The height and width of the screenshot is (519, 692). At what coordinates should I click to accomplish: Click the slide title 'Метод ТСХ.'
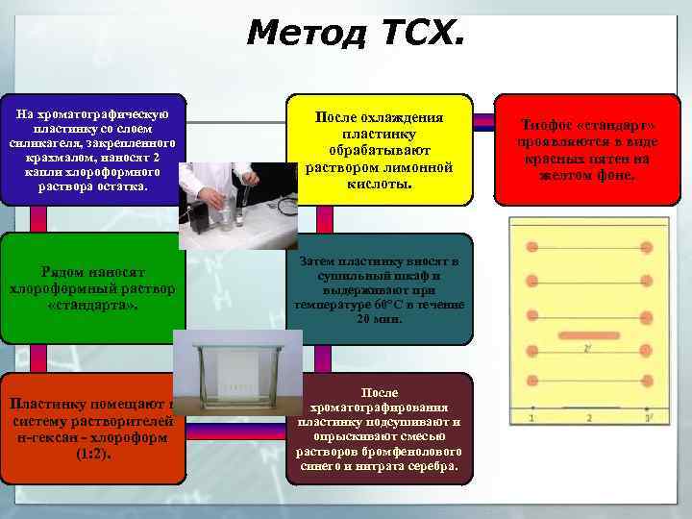coord(354,34)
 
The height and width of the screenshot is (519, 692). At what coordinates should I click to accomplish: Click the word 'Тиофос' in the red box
coord(545,126)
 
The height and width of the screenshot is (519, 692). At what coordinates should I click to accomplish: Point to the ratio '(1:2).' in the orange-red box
coord(92,452)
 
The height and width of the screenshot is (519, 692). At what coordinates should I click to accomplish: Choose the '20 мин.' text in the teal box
coord(380,319)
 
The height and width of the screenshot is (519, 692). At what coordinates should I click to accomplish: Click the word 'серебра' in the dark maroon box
coord(433,468)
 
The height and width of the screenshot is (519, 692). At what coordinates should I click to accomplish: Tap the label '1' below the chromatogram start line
coord(532,419)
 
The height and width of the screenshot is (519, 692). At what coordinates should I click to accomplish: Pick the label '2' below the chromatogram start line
coord(589,419)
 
